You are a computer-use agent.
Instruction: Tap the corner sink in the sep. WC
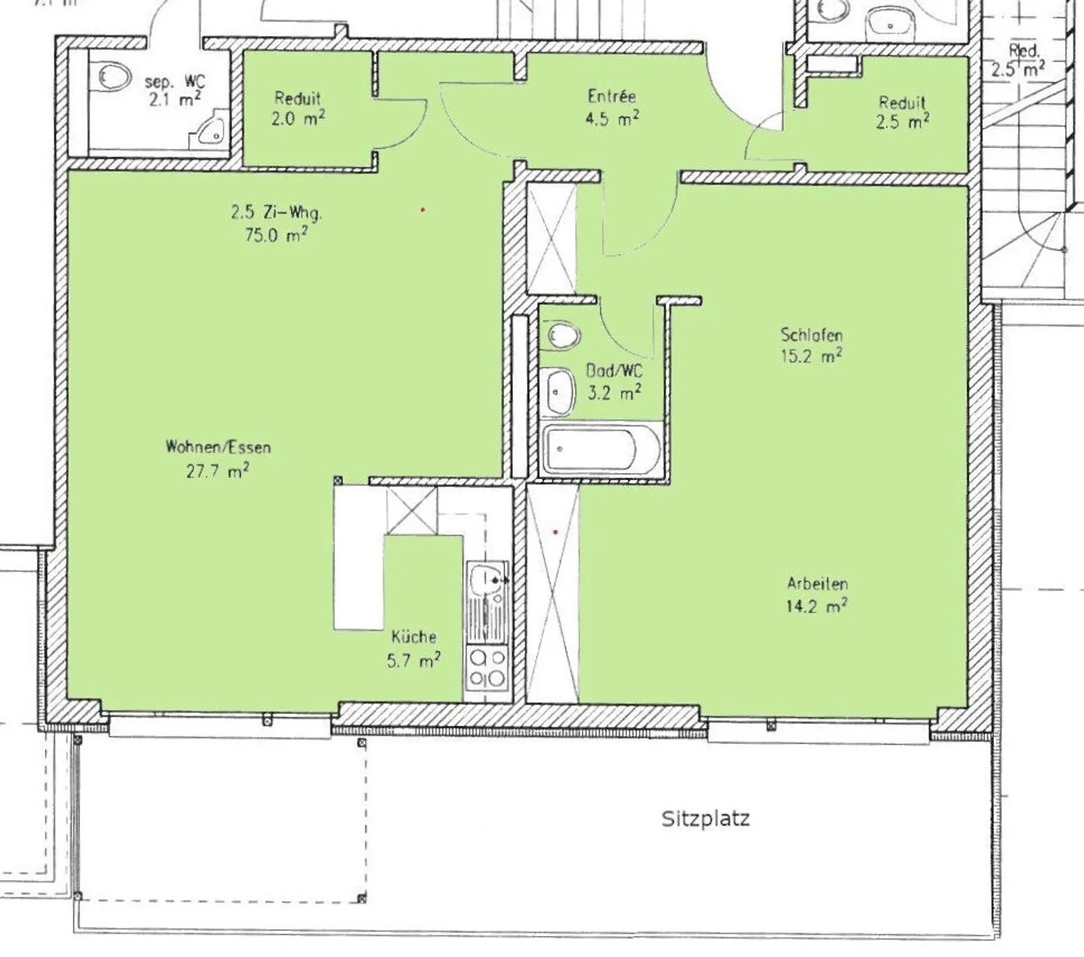[x=211, y=129]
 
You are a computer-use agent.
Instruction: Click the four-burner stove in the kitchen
[x=487, y=669]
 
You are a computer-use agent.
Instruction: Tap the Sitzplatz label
[x=705, y=819]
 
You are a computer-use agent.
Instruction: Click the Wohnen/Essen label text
[x=218, y=447]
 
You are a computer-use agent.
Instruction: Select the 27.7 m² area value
[x=218, y=471]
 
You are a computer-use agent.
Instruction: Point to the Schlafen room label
[x=811, y=335]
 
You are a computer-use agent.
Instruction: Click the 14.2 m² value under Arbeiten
[x=817, y=606]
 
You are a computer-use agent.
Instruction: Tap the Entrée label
[x=611, y=96]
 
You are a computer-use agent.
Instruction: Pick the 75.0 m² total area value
[x=276, y=235]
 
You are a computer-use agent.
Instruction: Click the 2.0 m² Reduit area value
[x=298, y=118]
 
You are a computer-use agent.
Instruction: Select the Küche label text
[x=413, y=636]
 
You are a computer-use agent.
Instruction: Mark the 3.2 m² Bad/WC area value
[x=614, y=393]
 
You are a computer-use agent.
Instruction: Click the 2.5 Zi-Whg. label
[x=276, y=213]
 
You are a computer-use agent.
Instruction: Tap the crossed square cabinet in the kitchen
[x=412, y=511]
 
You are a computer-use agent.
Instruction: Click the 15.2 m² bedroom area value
[x=811, y=356]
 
